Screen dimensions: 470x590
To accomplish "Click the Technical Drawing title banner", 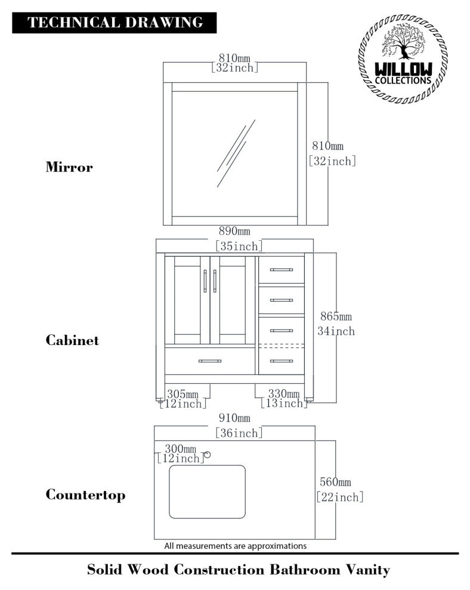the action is click(x=114, y=23).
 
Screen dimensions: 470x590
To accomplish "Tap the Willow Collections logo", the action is click(x=403, y=58).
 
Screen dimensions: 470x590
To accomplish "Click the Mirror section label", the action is click(x=69, y=167).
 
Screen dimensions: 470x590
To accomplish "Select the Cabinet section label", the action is click(x=72, y=340).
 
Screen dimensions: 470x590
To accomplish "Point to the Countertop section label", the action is click(x=85, y=495).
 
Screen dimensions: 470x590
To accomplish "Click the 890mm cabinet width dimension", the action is click(x=234, y=231).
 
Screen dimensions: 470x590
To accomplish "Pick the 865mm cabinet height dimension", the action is click(x=336, y=316).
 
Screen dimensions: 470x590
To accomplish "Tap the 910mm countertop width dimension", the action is click(x=234, y=418).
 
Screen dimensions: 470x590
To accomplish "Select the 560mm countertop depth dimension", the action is click(x=335, y=482).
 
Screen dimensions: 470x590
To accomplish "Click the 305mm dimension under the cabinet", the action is click(x=183, y=394).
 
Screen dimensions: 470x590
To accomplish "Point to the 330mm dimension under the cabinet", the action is click(x=283, y=393).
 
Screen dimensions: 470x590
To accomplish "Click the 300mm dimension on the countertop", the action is click(x=180, y=449).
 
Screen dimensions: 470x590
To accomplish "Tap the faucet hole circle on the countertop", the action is click(x=207, y=455).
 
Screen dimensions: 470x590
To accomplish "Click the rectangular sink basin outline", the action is click(x=207, y=492).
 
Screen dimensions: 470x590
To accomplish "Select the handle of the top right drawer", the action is click(x=282, y=270).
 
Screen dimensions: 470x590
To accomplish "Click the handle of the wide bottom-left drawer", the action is click(x=210, y=361).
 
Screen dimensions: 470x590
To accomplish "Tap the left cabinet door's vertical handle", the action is click(x=205, y=281).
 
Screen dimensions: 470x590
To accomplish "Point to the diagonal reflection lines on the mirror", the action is click(x=236, y=153).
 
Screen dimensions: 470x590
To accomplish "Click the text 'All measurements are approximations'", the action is click(x=236, y=545).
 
